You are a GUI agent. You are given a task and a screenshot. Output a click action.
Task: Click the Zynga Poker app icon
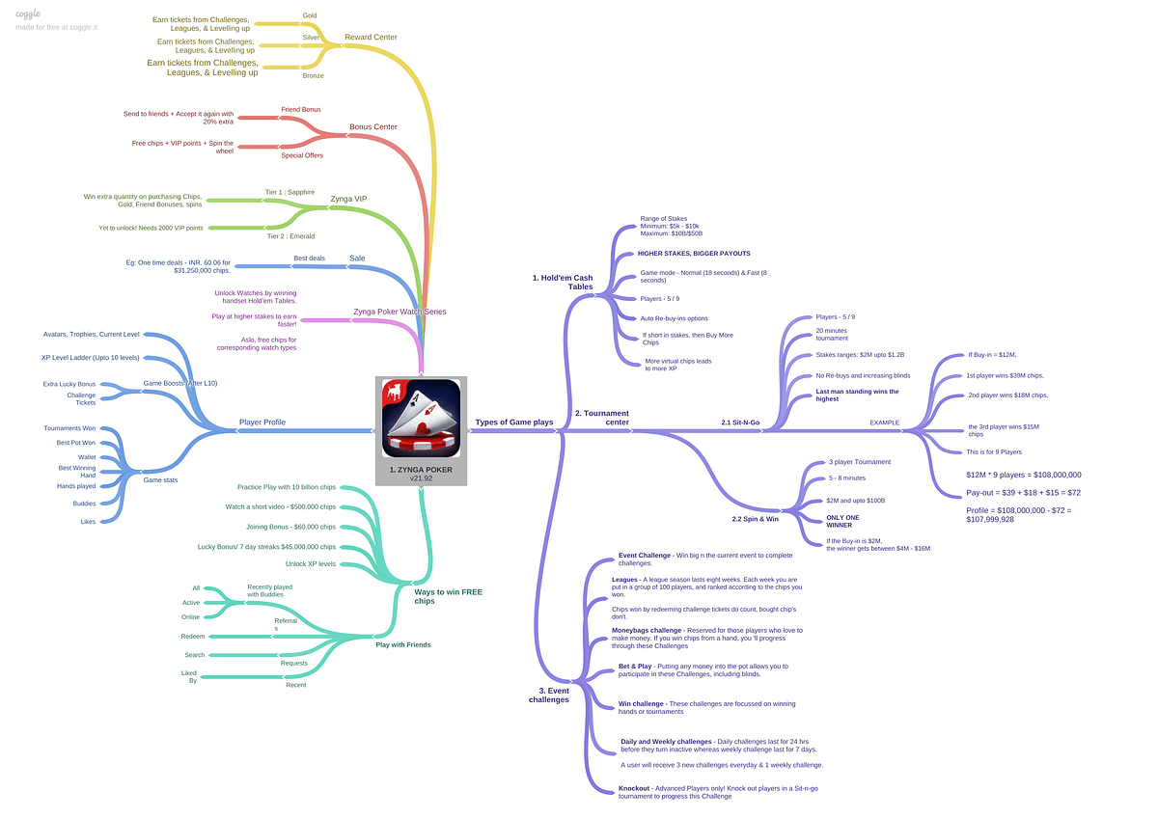(421, 418)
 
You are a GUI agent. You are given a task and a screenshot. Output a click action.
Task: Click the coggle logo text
(29, 14)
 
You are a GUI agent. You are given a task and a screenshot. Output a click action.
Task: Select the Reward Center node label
(371, 38)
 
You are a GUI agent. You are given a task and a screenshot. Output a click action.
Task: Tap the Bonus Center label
(373, 127)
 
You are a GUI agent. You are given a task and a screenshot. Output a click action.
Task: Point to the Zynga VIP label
(348, 199)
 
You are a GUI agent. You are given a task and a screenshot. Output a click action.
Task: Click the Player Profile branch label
(262, 422)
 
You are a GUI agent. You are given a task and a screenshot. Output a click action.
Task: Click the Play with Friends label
(403, 644)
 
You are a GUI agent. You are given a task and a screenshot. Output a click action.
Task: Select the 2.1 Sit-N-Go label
(741, 423)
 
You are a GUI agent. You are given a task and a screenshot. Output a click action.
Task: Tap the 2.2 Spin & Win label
(756, 519)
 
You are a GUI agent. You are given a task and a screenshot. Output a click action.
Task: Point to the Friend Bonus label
(301, 109)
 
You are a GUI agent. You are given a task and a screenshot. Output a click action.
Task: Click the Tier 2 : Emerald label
(289, 236)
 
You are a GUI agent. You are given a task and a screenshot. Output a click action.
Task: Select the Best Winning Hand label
(77, 471)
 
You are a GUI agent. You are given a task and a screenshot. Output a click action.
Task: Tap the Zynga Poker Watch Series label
(400, 312)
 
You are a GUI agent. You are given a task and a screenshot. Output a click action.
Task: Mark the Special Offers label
(302, 155)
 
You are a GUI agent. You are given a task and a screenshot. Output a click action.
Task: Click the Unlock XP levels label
(311, 563)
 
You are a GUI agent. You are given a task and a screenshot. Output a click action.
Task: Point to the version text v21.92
(421, 478)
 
